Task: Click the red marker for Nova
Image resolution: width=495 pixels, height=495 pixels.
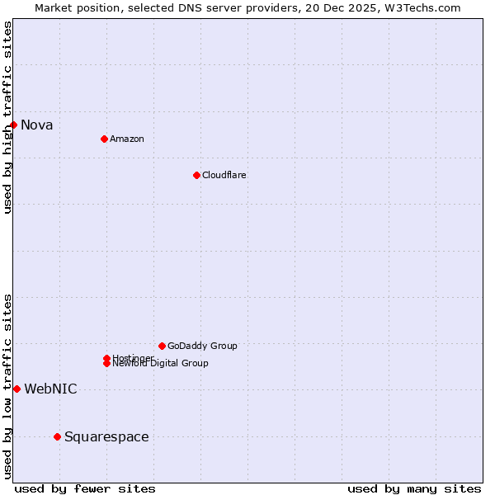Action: click(14, 125)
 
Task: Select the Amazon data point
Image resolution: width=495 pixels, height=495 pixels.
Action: click(104, 139)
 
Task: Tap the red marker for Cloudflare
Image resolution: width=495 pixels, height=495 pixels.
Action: click(196, 175)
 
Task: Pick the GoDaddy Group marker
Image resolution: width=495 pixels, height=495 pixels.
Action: click(162, 346)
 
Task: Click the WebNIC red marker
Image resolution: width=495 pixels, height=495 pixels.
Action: click(16, 389)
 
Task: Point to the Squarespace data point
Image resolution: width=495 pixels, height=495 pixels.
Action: click(57, 436)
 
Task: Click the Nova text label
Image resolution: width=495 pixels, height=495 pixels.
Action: click(37, 125)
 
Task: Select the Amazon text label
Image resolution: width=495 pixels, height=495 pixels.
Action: click(127, 139)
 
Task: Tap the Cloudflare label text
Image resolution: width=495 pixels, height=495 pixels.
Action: click(224, 175)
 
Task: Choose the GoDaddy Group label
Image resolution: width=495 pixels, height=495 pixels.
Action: click(202, 346)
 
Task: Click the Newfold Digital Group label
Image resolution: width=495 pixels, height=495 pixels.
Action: click(161, 364)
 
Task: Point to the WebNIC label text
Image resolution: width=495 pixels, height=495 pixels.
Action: click(50, 389)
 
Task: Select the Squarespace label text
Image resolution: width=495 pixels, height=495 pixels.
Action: click(106, 437)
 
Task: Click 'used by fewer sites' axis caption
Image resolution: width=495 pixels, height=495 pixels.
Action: click(85, 489)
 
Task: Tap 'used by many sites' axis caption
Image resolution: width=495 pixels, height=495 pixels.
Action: click(414, 489)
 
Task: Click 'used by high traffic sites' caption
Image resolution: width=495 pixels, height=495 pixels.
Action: click(8, 117)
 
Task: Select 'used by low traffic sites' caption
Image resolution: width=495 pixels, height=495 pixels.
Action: click(8, 386)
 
